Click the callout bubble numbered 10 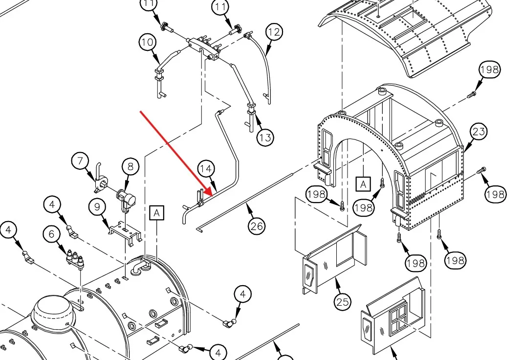point(147,42)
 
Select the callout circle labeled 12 point(275,32)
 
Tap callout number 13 point(265,137)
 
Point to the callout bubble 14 point(206,169)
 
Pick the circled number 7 point(81,160)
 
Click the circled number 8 point(131,166)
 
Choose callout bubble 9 point(98,207)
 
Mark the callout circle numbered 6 point(51,234)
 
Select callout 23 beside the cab point(479,131)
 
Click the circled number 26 point(257,225)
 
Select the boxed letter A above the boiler point(156,213)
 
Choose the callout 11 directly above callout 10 point(150,4)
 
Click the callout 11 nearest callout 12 point(220,7)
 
